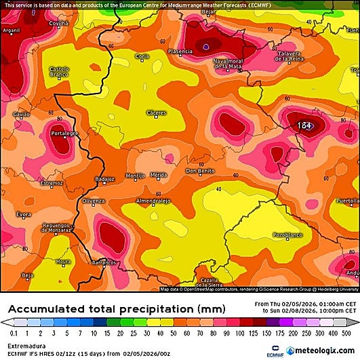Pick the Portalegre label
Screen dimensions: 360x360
[64, 134]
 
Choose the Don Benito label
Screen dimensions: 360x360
[201, 171]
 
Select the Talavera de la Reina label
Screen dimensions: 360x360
[297, 58]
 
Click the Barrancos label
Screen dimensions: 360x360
[104, 262]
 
